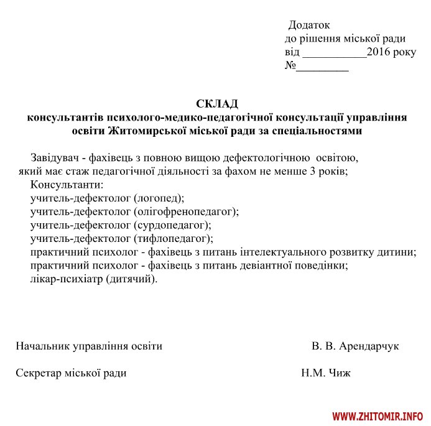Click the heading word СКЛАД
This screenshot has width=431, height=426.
(217, 103)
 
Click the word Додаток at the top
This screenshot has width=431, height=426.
(309, 25)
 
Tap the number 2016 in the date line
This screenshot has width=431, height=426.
(379, 52)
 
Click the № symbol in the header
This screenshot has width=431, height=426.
(290, 65)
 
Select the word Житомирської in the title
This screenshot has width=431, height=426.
(144, 131)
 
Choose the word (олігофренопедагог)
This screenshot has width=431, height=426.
(186, 211)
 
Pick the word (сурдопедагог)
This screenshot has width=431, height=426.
(172, 225)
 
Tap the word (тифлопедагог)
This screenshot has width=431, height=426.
(173, 238)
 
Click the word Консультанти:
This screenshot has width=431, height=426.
(66, 185)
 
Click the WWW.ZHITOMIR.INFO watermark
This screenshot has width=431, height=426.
(378, 415)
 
